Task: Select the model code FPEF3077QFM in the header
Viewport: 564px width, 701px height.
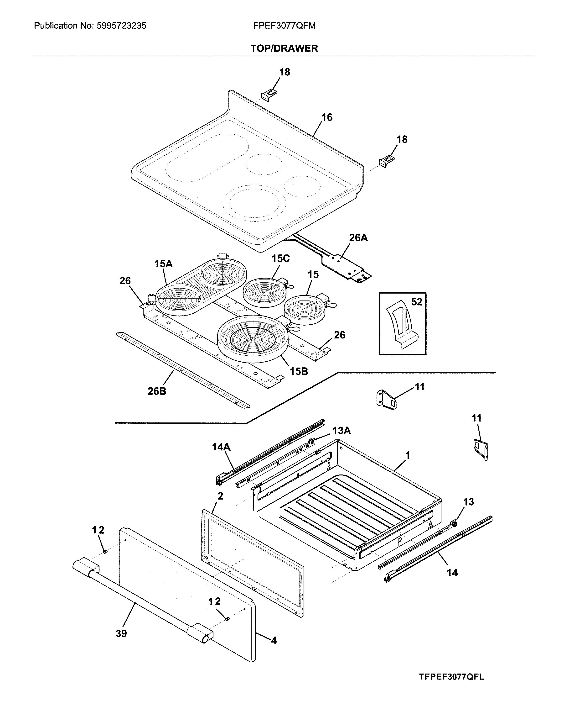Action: [284, 26]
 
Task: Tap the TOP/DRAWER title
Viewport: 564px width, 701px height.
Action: [284, 48]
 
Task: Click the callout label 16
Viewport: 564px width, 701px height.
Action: [327, 117]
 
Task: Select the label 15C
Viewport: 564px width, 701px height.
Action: [280, 258]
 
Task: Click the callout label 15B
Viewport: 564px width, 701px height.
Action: [299, 371]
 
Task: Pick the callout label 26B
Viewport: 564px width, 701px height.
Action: [157, 391]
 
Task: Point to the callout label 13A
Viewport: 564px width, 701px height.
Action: [342, 431]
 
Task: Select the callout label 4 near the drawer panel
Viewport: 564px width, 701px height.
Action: [274, 641]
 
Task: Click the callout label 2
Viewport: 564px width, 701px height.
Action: [220, 496]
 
